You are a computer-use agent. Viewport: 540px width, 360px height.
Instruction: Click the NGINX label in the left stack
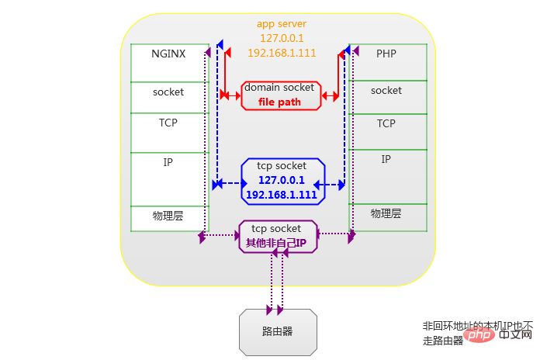(x=168, y=54)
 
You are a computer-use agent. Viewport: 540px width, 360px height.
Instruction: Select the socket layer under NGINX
(x=168, y=92)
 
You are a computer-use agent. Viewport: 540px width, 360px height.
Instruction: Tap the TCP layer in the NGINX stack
(x=168, y=123)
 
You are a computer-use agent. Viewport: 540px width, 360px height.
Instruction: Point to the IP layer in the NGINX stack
(x=168, y=163)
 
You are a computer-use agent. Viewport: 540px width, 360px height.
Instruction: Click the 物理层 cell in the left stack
(x=168, y=216)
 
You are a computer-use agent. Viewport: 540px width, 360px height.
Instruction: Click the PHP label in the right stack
(x=386, y=54)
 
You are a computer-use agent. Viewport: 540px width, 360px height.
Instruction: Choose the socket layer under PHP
(x=386, y=91)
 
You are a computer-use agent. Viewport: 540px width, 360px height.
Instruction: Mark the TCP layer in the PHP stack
(x=386, y=124)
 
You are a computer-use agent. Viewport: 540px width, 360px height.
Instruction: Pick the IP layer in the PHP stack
(x=386, y=159)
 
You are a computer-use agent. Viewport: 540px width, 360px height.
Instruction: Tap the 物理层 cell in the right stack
(x=386, y=213)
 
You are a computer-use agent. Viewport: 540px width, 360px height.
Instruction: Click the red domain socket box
(x=281, y=95)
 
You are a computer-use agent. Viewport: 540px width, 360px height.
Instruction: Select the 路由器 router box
(x=278, y=331)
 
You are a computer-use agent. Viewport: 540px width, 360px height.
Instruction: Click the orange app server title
(x=282, y=24)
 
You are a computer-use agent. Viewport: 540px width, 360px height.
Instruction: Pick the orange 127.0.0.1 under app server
(x=282, y=38)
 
